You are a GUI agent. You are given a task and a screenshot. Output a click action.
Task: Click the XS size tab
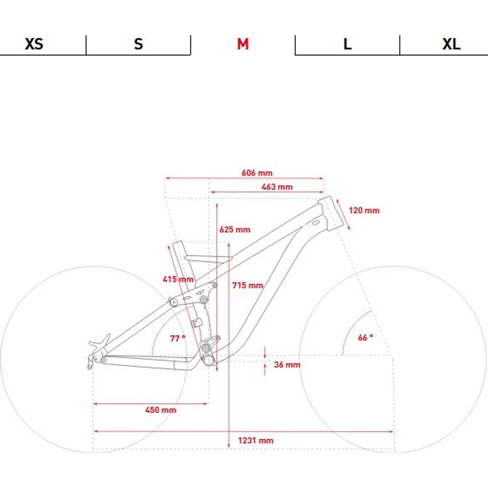[x=34, y=44]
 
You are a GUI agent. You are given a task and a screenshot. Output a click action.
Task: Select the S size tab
[x=139, y=44]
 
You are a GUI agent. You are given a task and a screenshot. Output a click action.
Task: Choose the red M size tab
[x=243, y=44]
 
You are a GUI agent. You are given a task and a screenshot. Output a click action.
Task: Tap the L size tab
[x=347, y=44]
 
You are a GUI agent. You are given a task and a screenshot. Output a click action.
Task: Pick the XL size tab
[x=451, y=44]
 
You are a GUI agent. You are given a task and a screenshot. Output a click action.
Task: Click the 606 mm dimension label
[x=257, y=173]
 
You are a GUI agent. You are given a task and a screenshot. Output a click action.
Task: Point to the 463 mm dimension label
[x=277, y=187]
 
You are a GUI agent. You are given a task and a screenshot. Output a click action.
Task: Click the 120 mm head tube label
[x=364, y=210]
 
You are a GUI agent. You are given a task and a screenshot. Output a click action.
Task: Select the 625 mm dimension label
[x=234, y=230]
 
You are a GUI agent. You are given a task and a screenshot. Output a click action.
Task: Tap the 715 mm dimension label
[x=248, y=285]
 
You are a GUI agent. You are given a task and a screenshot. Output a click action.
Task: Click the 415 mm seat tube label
[x=178, y=279]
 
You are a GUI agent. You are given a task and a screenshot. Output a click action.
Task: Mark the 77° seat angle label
[x=178, y=338]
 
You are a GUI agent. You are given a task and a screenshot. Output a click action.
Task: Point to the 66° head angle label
[x=366, y=337]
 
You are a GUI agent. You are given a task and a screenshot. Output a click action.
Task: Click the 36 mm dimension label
[x=287, y=365]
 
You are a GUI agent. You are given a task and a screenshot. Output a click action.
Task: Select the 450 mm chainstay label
[x=161, y=410]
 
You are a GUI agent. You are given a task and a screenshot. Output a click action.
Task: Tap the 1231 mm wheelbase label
[x=255, y=440]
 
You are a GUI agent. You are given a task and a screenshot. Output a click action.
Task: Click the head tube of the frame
[x=330, y=213]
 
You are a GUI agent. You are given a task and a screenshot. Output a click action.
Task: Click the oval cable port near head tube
[x=315, y=223]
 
